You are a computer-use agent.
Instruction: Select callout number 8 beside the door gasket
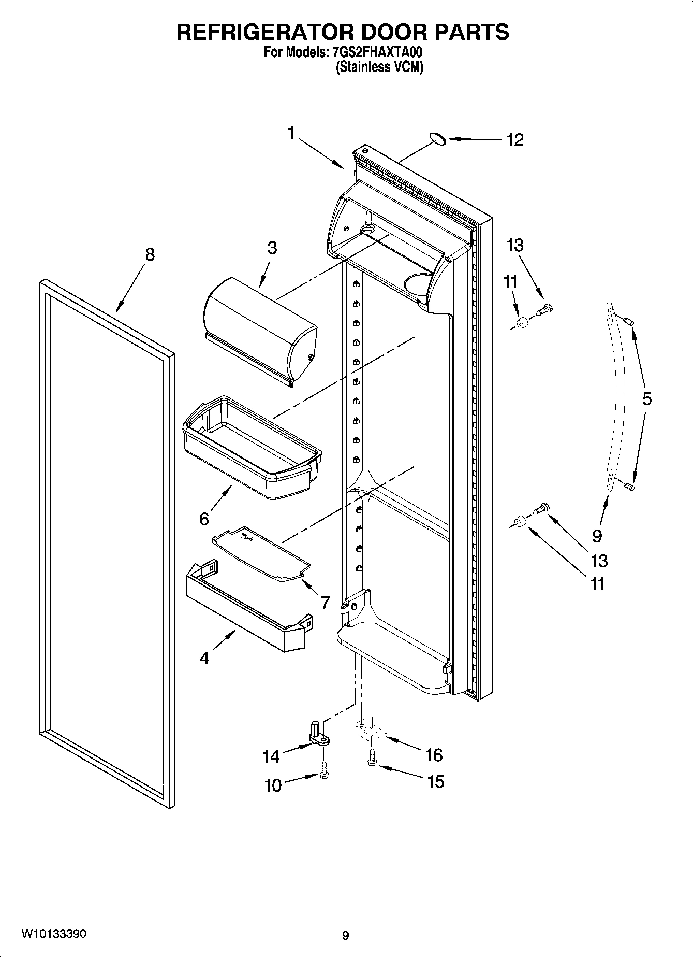(149, 255)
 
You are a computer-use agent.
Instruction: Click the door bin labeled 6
(252, 448)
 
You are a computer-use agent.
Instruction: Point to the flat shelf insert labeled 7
(261, 555)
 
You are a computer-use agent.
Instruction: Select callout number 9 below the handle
(597, 535)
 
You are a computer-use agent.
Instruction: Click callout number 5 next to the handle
(646, 398)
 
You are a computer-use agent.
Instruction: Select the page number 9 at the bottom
(345, 935)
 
